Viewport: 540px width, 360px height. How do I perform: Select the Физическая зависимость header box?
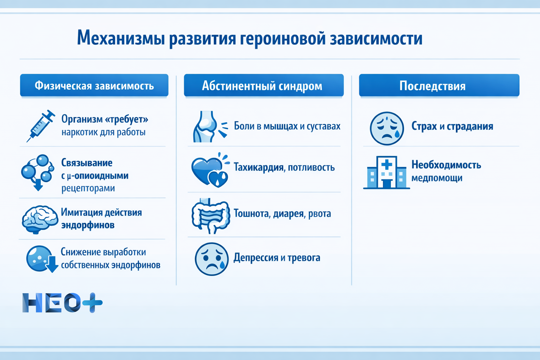[94, 85]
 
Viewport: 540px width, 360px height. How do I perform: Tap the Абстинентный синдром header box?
[264, 85]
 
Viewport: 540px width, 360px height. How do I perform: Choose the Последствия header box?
[439, 85]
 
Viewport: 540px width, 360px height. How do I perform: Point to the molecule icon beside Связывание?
[37, 171]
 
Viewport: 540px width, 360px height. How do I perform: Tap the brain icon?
[40, 219]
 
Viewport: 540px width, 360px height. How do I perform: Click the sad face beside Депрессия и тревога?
[211, 259]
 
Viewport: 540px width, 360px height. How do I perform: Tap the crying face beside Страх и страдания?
[387, 128]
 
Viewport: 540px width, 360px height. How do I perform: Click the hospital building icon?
[386, 173]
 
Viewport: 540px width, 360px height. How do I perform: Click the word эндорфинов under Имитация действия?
[88, 225]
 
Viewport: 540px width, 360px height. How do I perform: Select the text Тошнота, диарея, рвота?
[282, 214]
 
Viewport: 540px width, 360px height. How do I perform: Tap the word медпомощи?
[437, 178]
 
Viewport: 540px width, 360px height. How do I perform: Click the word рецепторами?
[88, 188]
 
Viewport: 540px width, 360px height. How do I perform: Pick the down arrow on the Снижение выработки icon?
[52, 265]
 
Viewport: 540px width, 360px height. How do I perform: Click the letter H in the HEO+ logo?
[33, 303]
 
